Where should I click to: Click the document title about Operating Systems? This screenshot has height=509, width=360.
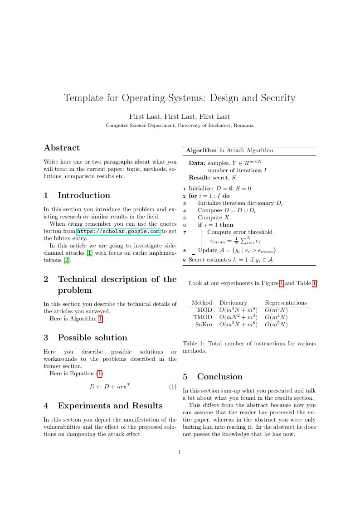click(x=180, y=98)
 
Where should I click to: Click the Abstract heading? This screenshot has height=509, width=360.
click(x=62, y=148)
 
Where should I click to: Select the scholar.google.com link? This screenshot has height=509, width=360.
click(x=118, y=231)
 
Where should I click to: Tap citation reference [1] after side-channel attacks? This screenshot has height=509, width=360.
click(x=89, y=253)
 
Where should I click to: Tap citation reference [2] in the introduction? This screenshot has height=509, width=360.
click(x=67, y=260)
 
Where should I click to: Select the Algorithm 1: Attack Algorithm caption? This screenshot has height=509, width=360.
click(x=229, y=150)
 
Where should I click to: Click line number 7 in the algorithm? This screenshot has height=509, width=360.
click(x=185, y=232)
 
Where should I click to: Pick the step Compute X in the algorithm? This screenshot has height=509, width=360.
click(x=214, y=218)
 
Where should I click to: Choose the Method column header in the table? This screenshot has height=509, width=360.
click(x=202, y=303)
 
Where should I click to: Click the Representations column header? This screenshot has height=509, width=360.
click(x=286, y=303)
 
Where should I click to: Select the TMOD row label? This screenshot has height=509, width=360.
click(x=203, y=317)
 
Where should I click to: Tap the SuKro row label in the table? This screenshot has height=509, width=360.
click(x=204, y=325)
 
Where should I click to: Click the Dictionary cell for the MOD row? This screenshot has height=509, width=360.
click(x=238, y=310)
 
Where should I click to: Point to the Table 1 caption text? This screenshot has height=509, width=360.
click(x=249, y=347)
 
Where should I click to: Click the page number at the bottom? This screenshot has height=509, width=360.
click(x=180, y=452)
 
